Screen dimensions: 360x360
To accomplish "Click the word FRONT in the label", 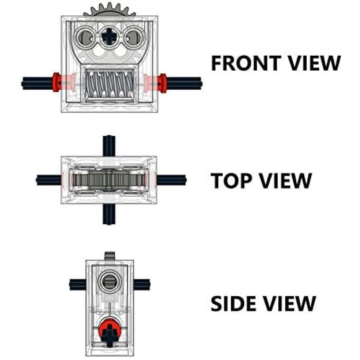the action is (246, 63).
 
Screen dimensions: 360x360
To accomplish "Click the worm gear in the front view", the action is (109, 84).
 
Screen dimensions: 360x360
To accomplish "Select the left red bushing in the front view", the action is (57, 83).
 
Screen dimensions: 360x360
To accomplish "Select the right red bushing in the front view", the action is (163, 83).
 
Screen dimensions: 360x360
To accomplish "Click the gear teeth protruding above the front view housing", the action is (109, 10).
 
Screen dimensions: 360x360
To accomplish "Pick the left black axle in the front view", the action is (37, 83).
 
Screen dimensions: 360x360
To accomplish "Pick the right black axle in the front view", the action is (184, 83).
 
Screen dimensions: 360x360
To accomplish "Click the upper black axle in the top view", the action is (109, 146).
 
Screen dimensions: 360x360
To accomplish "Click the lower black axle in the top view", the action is (109, 214).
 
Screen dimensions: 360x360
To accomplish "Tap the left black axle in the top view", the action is (48, 180).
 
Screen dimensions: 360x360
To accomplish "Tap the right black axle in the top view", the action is (171, 180).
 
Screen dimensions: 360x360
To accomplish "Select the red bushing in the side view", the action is (109, 330).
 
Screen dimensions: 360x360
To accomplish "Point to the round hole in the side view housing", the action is (109, 281).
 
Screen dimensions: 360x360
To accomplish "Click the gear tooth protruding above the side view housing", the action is (110, 256).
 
